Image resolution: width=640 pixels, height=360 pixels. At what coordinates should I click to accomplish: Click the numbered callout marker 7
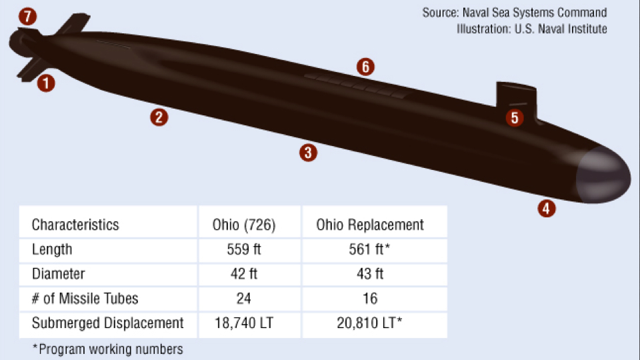click(x=27, y=17)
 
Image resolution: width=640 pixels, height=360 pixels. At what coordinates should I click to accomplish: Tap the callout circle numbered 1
click(x=46, y=83)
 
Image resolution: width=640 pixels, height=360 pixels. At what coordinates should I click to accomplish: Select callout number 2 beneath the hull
click(x=159, y=117)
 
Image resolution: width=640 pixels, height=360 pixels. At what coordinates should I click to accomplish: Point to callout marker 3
click(x=307, y=152)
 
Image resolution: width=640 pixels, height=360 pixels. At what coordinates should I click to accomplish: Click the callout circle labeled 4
click(x=546, y=208)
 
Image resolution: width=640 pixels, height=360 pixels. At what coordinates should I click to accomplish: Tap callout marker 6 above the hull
click(x=365, y=67)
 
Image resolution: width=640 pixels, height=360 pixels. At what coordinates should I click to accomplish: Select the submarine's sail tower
click(x=516, y=97)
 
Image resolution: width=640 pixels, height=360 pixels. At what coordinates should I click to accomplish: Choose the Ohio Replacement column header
click(x=370, y=225)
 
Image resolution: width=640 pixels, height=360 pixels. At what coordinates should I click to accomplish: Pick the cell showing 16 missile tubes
click(x=370, y=299)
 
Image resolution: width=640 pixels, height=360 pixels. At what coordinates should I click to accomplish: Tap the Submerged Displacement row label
click(x=107, y=323)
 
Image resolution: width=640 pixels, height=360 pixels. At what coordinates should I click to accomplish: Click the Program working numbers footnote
click(x=107, y=349)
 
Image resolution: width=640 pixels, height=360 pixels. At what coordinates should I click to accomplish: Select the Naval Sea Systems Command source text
click(x=515, y=13)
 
